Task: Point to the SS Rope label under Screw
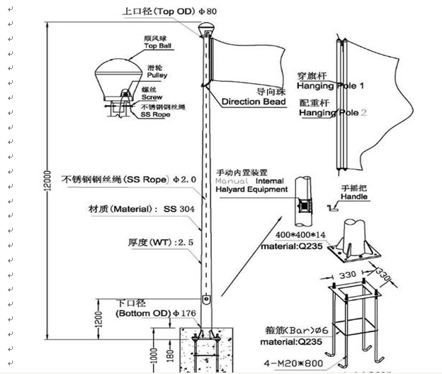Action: (154, 114)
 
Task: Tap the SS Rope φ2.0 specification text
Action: (129, 180)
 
